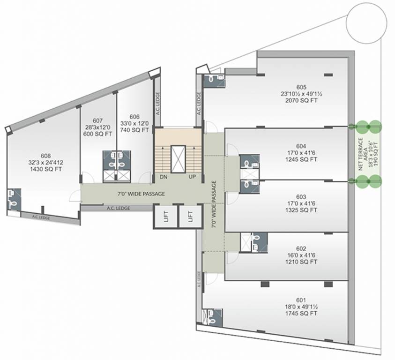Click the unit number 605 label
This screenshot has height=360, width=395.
[x=301, y=87]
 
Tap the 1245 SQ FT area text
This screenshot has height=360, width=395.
[x=301, y=159]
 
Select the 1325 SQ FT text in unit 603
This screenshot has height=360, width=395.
[x=301, y=210]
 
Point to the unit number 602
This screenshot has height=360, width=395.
[x=301, y=248]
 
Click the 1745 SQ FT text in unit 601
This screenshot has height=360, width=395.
[x=301, y=313]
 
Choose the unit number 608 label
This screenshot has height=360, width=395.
[x=46, y=156]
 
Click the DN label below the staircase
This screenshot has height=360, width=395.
[x=164, y=178]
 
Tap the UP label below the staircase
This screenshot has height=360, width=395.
[x=192, y=178]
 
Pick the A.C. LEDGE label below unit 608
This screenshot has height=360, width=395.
[x=42, y=217]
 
